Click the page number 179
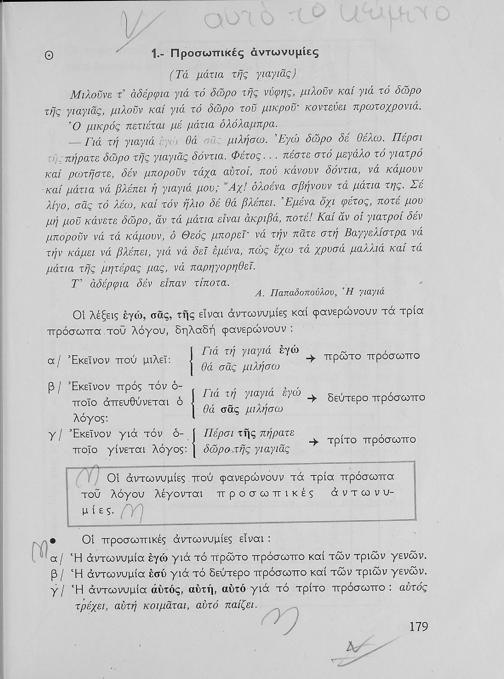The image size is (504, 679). (418, 626)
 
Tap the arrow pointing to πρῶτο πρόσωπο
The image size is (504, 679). (310, 358)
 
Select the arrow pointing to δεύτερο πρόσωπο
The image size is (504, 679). (311, 399)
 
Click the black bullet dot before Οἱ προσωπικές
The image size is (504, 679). (52, 540)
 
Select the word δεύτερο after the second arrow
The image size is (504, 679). (347, 397)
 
